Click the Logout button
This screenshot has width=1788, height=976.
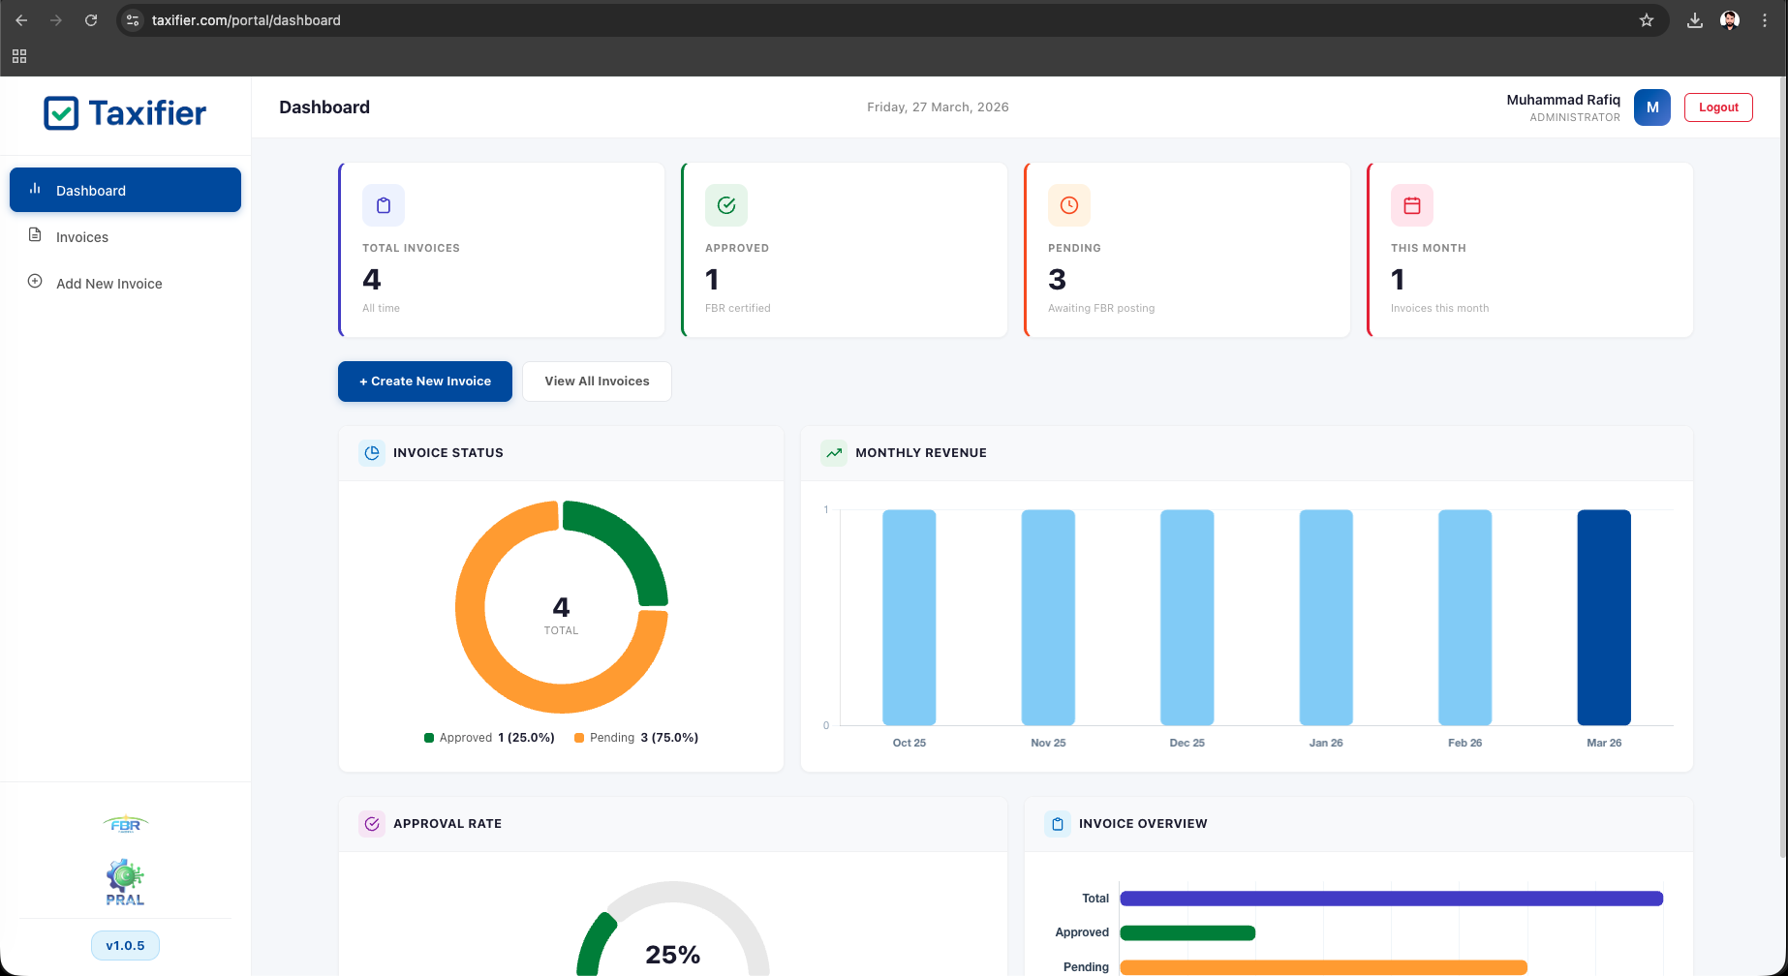click(x=1718, y=107)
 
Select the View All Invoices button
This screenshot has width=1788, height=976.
click(x=597, y=381)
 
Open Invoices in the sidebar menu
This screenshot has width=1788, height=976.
click(x=82, y=237)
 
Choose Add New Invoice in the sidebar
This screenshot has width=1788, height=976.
click(x=108, y=284)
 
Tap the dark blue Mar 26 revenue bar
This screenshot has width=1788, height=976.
click(x=1604, y=618)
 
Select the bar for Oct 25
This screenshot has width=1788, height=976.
click(x=909, y=618)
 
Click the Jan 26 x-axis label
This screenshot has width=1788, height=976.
click(x=1326, y=743)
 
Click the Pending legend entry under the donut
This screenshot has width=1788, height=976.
click(x=635, y=738)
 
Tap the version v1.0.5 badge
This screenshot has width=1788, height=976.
click(x=125, y=946)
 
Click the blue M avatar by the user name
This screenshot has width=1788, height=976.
click(x=1651, y=107)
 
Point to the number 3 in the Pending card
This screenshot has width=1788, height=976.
click(x=1057, y=280)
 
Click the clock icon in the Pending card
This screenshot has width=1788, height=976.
click(x=1069, y=205)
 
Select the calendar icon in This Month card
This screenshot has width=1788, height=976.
click(x=1412, y=205)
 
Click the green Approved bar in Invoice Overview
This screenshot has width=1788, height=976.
click(x=1187, y=933)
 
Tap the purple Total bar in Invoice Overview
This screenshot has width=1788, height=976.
click(x=1391, y=899)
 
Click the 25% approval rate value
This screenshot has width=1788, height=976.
click(x=672, y=955)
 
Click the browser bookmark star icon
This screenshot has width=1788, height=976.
click(x=1647, y=20)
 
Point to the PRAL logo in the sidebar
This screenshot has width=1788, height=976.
click(x=125, y=881)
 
